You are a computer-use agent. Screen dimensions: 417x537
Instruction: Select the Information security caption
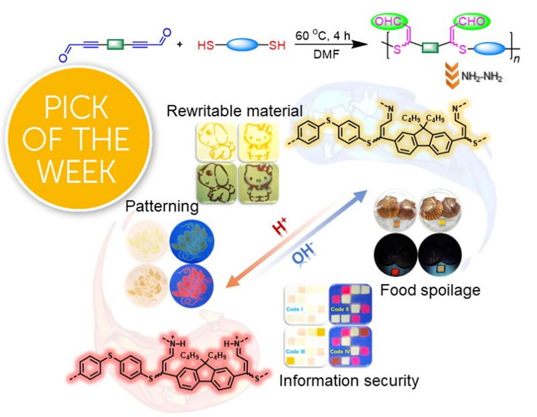[x=349, y=381]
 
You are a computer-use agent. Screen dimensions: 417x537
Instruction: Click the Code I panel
[x=304, y=304]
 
